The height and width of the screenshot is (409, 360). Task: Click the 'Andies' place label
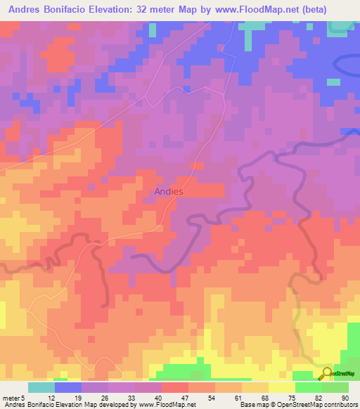[169, 191]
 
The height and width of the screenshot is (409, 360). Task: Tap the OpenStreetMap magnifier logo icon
[328, 374]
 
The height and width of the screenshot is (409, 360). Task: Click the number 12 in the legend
[51, 396]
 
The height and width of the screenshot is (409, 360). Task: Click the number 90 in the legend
[345, 396]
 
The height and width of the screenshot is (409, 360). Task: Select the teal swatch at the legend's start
[41, 387]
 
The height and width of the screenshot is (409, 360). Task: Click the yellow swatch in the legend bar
[281, 387]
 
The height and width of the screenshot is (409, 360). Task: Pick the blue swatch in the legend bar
[67, 387]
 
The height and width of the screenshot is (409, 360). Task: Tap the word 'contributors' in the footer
[337, 405]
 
